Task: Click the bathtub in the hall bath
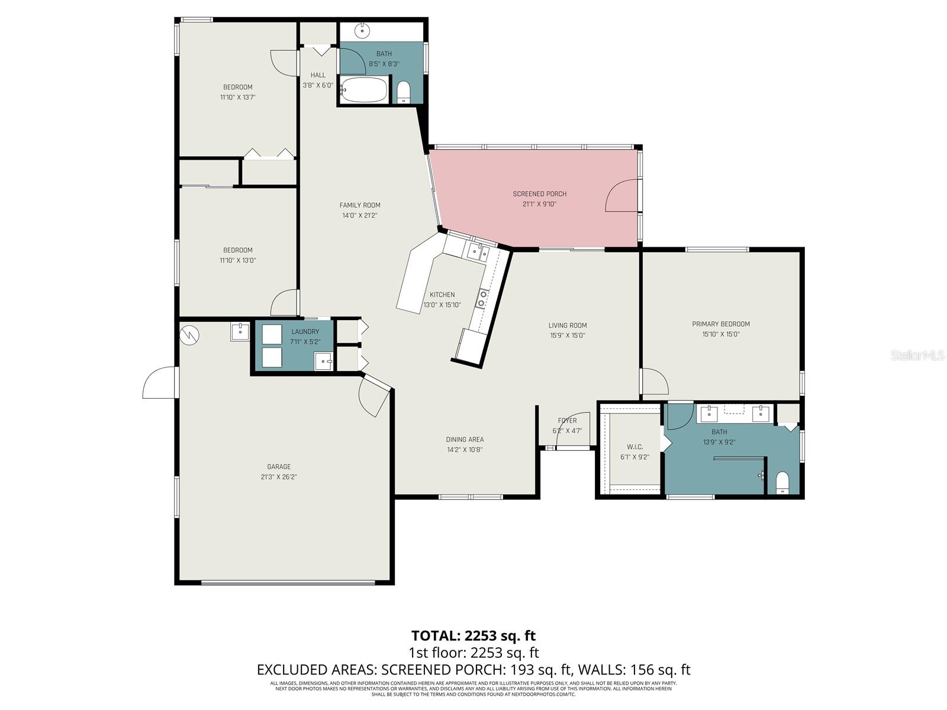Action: (363, 91)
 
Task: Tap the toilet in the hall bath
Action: (404, 92)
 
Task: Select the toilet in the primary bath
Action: (782, 483)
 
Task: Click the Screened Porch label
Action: (539, 194)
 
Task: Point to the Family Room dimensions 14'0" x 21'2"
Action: (359, 216)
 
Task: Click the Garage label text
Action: (278, 467)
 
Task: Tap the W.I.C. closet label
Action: (634, 447)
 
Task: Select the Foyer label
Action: (567, 421)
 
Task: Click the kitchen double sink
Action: (477, 253)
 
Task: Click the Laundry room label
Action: (305, 332)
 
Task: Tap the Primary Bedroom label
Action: (720, 324)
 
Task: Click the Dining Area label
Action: (465, 440)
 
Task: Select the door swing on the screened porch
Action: (621, 197)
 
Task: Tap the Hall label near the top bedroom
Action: (318, 75)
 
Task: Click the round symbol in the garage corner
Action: (189, 335)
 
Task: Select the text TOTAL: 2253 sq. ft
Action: (473, 636)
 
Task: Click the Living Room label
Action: (567, 325)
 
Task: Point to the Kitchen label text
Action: (442, 295)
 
